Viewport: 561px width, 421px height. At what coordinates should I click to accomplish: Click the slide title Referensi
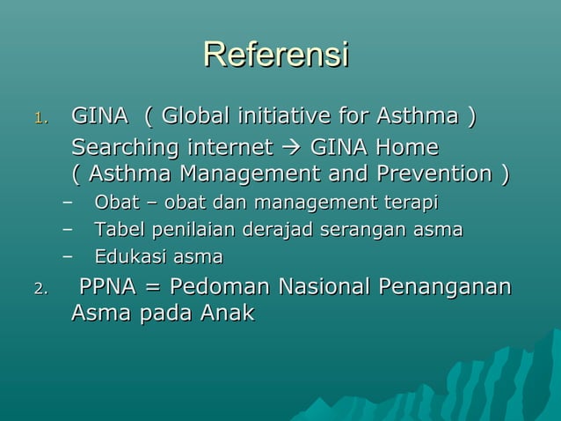(276, 54)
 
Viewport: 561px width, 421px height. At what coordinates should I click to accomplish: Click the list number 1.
(40, 118)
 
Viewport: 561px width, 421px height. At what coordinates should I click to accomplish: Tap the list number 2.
(40, 289)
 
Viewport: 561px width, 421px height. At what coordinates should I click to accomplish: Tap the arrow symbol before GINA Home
(295, 146)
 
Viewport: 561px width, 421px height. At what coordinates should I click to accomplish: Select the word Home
(406, 146)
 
